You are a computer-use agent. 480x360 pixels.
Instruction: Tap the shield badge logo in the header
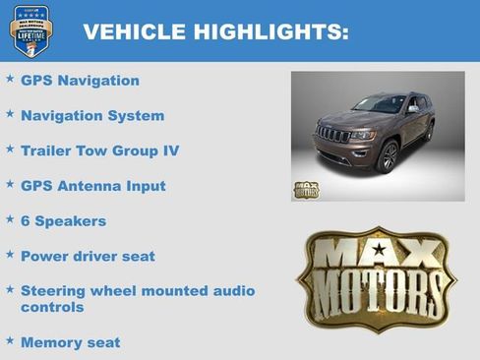30,30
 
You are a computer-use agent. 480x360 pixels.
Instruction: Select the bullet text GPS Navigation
80,81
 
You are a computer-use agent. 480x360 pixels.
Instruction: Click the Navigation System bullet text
92,116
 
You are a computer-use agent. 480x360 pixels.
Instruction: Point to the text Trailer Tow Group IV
99,150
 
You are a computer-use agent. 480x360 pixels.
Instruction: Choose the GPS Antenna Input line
92,186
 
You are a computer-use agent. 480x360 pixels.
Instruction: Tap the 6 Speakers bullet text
63,221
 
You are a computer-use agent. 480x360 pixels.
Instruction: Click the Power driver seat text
88,257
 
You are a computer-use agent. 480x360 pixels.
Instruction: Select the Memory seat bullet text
70,342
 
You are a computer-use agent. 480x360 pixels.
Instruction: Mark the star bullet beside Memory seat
10,340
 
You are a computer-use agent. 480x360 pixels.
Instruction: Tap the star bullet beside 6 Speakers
10,219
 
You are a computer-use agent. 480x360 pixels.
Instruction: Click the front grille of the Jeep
332,135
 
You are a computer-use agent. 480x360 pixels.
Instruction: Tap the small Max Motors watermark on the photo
306,189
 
